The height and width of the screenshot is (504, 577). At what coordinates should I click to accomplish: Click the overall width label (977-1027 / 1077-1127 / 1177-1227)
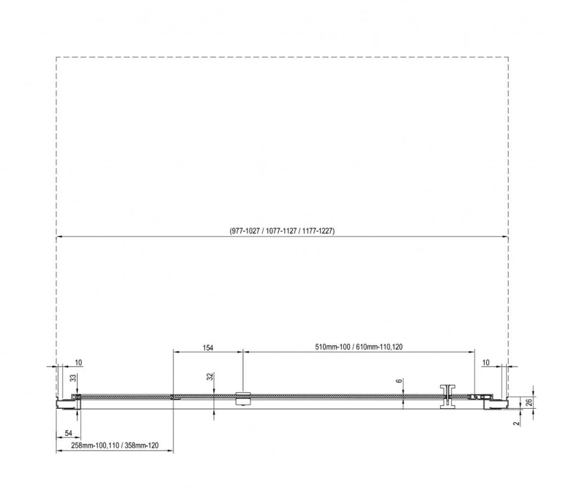click(x=282, y=231)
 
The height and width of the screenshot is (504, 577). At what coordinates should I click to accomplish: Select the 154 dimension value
click(x=208, y=347)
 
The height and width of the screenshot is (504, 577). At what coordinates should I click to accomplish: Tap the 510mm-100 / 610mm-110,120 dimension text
click(x=359, y=347)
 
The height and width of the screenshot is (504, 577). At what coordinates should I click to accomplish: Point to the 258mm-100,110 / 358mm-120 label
click(x=114, y=445)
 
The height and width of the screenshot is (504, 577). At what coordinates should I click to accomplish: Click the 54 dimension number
click(x=68, y=434)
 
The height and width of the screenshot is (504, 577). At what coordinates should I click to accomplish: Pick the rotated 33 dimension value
click(x=73, y=377)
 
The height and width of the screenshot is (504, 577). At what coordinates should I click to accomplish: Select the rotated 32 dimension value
click(x=210, y=377)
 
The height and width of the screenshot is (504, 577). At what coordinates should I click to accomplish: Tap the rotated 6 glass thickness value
click(x=400, y=381)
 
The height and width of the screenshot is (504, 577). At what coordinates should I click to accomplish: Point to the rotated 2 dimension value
click(x=517, y=423)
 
